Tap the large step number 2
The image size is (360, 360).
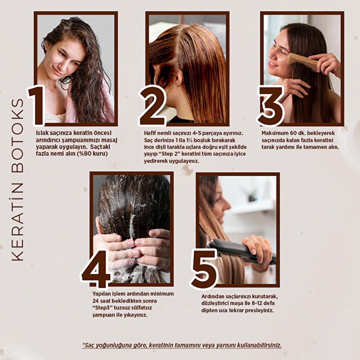152,106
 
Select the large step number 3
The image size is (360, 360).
270,106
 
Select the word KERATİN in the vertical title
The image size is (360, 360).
18,222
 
